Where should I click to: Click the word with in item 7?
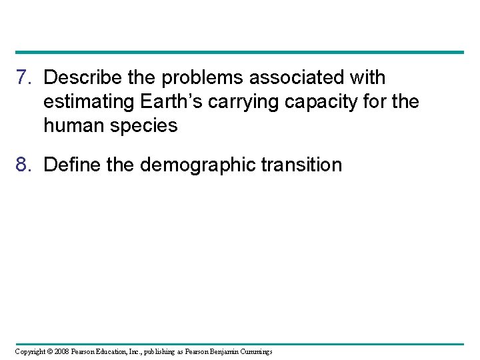[368, 78]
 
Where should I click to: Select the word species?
[145, 125]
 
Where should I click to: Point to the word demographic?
[197, 165]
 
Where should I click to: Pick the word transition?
[302, 165]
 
